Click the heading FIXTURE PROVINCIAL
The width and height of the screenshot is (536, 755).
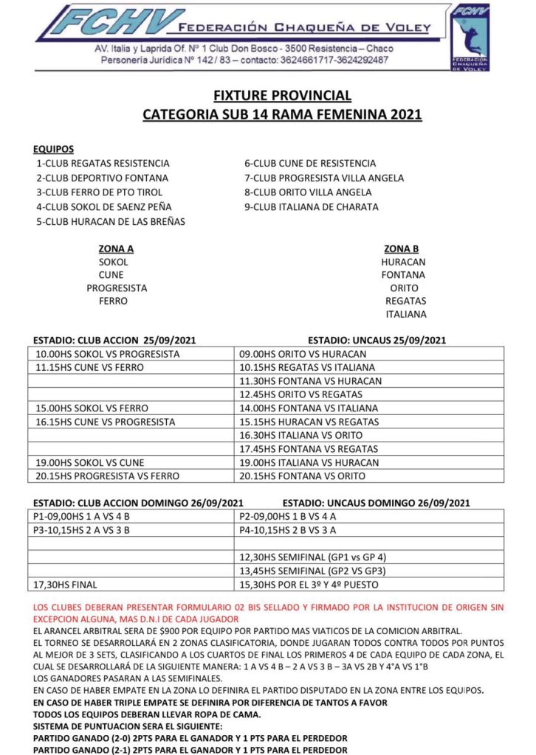click(x=282, y=96)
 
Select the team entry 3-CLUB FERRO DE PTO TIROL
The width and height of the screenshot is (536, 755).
click(x=100, y=192)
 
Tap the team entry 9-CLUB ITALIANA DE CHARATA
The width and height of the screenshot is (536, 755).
click(x=311, y=207)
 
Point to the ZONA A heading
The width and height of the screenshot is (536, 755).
click(x=115, y=248)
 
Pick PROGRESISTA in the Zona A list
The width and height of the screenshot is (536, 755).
click(x=117, y=288)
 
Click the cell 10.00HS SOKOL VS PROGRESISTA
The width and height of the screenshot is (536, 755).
click(x=108, y=354)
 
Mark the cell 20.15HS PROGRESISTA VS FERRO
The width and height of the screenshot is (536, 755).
click(x=108, y=476)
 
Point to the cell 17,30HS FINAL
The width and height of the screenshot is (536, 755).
click(x=66, y=585)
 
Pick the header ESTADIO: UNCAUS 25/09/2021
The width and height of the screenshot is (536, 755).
click(x=377, y=340)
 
